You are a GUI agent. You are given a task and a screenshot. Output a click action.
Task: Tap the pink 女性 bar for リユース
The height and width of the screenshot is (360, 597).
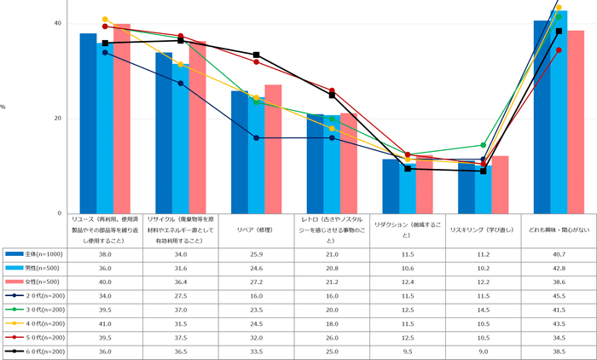click(x=122, y=119)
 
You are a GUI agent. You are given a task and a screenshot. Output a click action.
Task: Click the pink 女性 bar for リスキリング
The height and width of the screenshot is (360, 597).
click(x=501, y=184)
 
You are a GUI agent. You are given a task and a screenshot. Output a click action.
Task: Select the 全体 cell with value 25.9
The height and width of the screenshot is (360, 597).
click(x=256, y=253)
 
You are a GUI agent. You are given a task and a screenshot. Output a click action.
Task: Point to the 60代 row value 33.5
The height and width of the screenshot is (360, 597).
click(x=256, y=351)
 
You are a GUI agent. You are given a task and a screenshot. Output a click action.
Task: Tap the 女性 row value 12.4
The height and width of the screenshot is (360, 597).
click(x=407, y=281)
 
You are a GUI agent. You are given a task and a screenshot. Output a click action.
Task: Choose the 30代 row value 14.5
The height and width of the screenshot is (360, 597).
click(x=483, y=309)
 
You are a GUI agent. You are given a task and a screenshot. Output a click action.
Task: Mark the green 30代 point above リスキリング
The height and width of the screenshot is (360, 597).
click(x=483, y=145)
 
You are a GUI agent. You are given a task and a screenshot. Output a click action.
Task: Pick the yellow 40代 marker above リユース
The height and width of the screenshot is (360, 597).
click(x=105, y=19)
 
